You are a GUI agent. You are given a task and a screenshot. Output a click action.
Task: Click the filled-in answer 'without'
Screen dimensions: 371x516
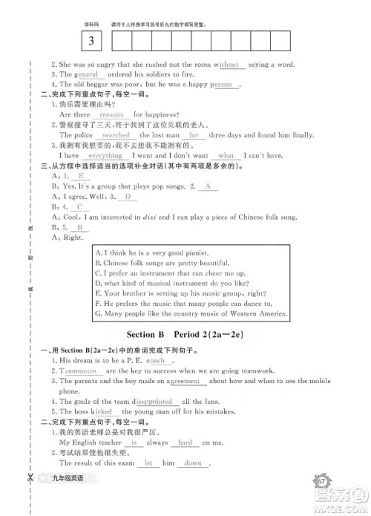(x=227, y=65)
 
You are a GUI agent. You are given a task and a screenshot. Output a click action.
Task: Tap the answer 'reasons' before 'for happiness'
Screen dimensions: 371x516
(x=111, y=115)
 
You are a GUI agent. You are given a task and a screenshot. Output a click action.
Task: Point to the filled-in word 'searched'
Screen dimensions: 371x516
(x=116, y=136)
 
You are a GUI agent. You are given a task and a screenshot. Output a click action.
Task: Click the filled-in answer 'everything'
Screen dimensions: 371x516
(x=105, y=156)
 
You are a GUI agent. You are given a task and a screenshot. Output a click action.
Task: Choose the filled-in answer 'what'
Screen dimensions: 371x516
(x=226, y=156)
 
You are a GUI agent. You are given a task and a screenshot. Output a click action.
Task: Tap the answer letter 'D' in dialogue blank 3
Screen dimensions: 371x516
(x=127, y=197)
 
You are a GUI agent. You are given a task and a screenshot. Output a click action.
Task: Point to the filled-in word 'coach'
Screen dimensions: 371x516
(x=156, y=360)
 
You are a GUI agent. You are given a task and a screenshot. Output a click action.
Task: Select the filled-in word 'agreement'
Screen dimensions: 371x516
(x=185, y=381)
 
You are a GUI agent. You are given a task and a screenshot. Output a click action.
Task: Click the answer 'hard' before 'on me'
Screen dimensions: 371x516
(x=185, y=442)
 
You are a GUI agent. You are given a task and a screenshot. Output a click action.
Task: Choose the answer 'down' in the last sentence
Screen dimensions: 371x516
(x=193, y=463)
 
